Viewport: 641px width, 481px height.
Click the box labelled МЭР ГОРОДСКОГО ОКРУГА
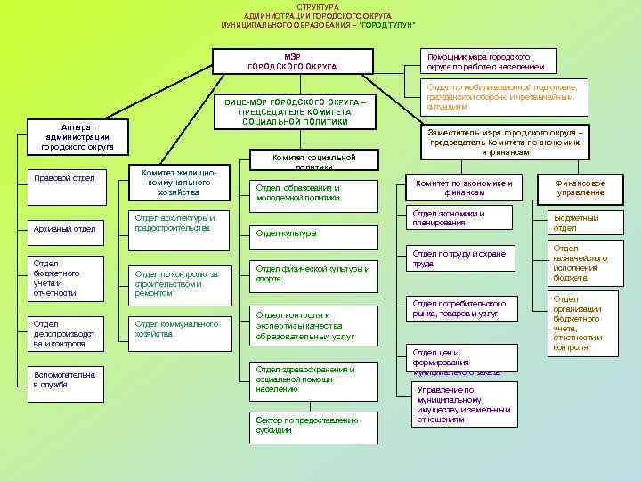pyautogui.click(x=291, y=61)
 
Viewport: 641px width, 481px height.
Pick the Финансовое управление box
pyautogui.click(x=580, y=187)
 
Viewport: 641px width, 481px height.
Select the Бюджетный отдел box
pyautogui.click(x=580, y=223)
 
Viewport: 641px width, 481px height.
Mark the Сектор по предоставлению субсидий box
pyautogui.click(x=305, y=425)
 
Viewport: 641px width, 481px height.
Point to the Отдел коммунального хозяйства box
pyautogui.click(x=181, y=330)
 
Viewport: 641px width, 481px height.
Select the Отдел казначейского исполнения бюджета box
pyautogui.click(x=580, y=264)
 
